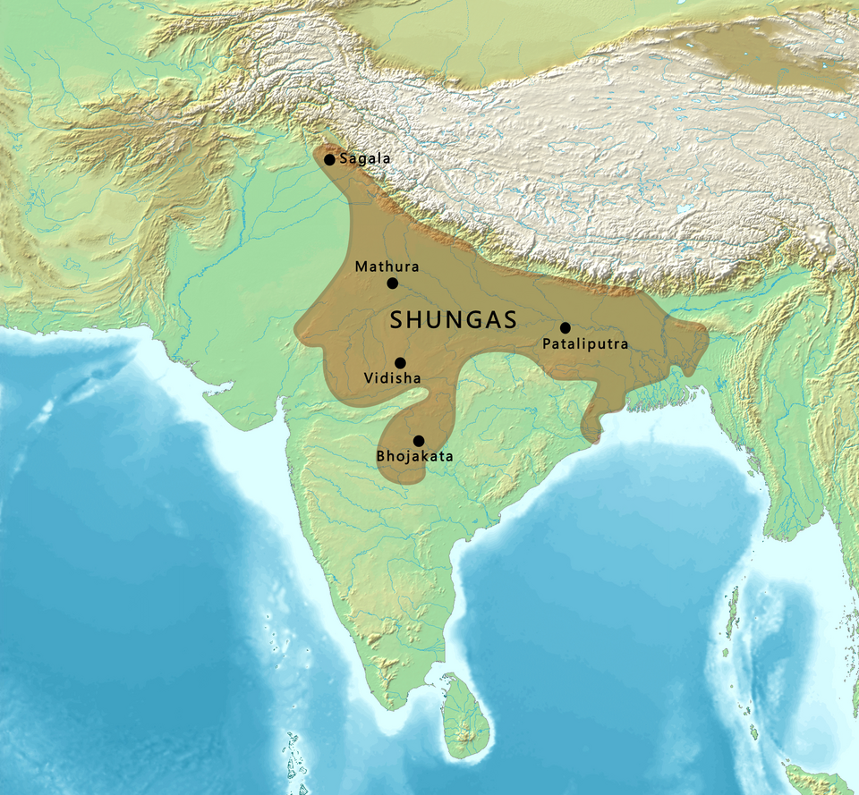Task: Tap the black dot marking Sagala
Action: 329,159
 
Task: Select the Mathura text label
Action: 387,266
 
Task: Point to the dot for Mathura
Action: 392,283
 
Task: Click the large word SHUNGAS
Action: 454,320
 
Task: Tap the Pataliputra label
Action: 585,343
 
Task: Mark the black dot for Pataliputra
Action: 565,327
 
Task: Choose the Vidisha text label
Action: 392,378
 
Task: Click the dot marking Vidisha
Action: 400,362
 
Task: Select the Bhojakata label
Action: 414,457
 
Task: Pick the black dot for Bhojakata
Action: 418,441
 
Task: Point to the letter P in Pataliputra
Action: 547,343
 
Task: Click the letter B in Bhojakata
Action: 380,457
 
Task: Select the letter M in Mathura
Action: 361,266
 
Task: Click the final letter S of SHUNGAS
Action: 510,320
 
